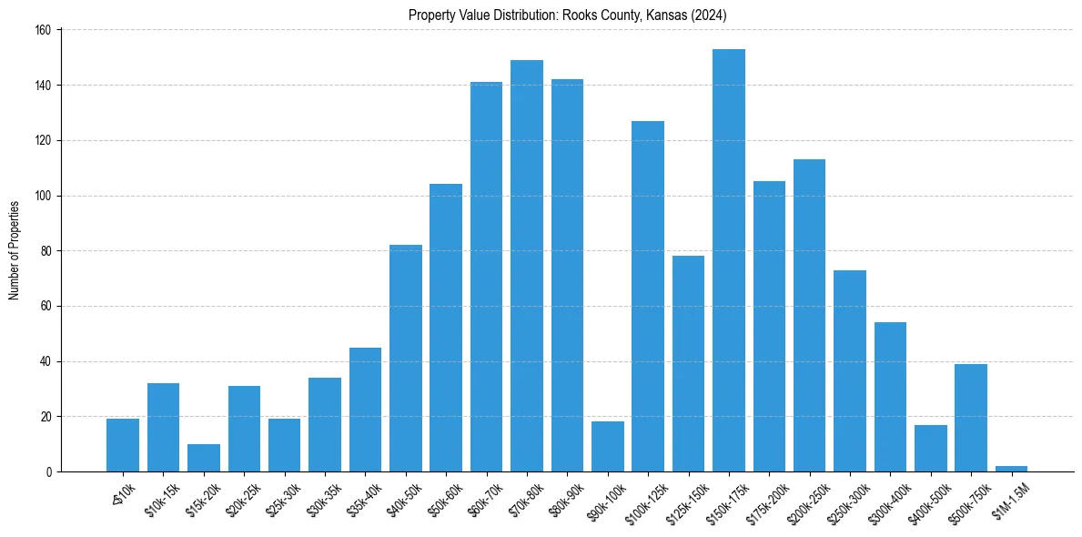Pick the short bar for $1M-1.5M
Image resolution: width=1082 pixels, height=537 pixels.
click(1011, 469)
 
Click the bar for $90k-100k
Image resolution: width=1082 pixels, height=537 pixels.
click(608, 446)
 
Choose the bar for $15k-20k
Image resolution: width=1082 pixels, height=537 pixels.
click(204, 458)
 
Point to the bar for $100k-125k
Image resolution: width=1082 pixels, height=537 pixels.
click(648, 296)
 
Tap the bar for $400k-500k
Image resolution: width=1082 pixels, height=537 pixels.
click(931, 448)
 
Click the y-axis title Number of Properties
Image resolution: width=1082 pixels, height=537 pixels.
click(15, 250)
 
